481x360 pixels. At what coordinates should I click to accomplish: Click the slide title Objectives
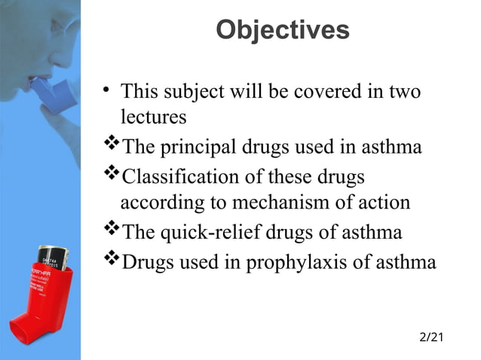tap(282, 30)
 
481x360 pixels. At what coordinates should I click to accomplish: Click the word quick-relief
tap(212, 232)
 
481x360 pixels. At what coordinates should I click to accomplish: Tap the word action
tap(385, 203)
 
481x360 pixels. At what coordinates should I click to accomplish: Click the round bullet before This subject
tap(108, 92)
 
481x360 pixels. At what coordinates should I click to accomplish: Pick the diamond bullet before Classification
tap(111, 175)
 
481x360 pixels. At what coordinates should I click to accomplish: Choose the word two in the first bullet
tap(404, 92)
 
